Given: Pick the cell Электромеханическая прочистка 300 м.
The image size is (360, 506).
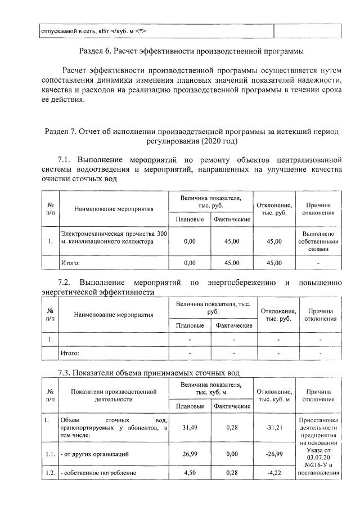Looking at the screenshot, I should (x=114, y=238).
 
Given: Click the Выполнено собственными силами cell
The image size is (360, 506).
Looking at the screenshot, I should (x=318, y=241).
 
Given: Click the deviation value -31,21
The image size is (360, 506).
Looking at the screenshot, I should (x=273, y=428).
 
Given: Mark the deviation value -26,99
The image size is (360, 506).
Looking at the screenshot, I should (x=273, y=454).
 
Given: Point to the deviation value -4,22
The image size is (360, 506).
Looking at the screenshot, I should (x=273, y=473).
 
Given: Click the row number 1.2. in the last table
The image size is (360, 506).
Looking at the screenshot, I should (x=51, y=473).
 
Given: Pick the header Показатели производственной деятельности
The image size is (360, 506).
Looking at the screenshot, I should (x=113, y=395).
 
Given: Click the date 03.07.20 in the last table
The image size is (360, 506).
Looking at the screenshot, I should (x=318, y=458).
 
